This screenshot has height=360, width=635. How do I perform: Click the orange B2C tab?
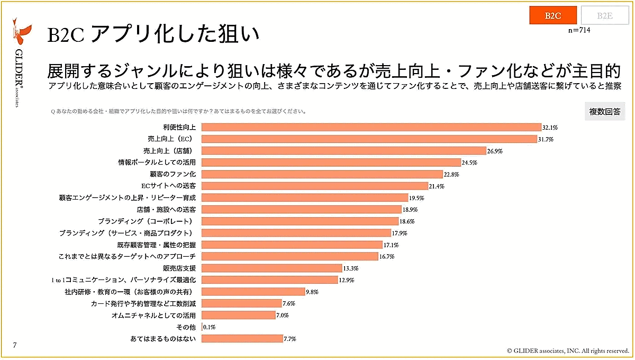552,15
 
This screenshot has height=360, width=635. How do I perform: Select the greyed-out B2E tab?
604,15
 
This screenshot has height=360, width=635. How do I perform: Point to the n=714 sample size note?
579,31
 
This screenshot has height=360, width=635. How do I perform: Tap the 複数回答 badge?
604,112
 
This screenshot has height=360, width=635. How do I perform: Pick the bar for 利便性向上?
371,128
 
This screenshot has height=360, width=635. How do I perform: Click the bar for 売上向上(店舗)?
344,151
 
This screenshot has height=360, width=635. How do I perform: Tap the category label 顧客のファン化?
173,174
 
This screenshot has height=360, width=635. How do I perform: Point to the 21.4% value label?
437,186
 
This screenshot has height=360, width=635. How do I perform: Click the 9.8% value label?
312,291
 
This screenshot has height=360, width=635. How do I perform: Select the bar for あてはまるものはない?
242,338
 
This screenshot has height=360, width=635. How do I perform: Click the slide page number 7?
15,345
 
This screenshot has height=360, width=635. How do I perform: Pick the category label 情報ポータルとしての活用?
158,163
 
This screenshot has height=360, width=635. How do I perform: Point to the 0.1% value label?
210,327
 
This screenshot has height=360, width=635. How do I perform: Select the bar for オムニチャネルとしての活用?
238,315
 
